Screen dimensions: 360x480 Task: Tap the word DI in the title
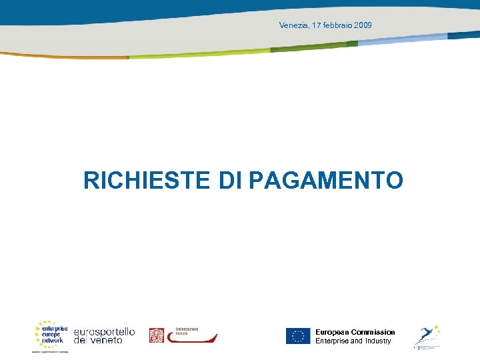(x=231, y=180)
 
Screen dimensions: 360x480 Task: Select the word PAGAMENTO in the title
(x=327, y=180)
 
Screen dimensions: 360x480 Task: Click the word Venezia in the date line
(x=293, y=25)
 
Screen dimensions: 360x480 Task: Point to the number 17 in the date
(x=317, y=25)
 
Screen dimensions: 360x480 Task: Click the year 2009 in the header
(x=364, y=25)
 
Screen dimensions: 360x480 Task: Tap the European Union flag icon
(x=298, y=336)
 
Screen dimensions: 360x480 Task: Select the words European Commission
(x=355, y=332)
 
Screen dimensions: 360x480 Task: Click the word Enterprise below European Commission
(x=331, y=341)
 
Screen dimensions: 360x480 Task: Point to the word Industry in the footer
(x=378, y=341)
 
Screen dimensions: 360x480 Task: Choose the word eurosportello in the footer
(x=104, y=331)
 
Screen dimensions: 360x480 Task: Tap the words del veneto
(x=98, y=340)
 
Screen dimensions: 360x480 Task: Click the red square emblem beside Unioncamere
(x=157, y=335)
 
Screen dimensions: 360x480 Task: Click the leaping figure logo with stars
(x=427, y=335)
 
